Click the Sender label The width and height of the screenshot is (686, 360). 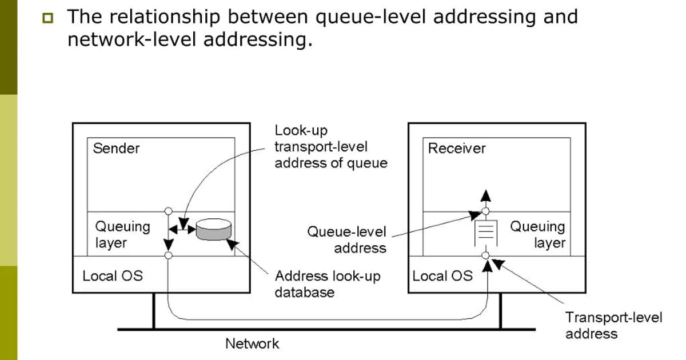point(116,149)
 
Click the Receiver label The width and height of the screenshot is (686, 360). point(457,149)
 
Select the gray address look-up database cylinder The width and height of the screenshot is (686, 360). point(213,229)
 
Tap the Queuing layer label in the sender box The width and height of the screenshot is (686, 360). point(122,234)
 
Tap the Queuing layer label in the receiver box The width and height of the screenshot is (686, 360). point(537,234)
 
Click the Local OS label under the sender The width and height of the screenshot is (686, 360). point(113,276)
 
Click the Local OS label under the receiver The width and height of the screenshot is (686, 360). point(442,276)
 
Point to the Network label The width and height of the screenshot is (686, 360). point(252,343)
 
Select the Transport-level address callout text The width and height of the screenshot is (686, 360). point(613,325)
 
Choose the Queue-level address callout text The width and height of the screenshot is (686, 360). point(346,240)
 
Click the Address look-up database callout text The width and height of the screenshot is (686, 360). point(328,284)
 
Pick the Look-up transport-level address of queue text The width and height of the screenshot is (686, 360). point(330,147)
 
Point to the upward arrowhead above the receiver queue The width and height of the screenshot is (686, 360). point(485,195)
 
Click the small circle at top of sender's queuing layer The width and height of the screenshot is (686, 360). point(168,211)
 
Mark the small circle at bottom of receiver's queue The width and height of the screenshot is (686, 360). point(485,255)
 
